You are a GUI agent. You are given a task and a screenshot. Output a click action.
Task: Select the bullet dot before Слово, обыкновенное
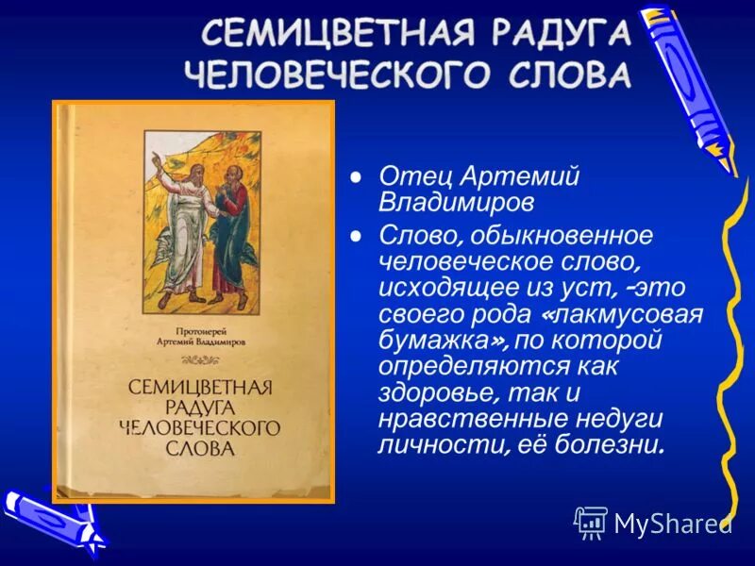click(356, 235)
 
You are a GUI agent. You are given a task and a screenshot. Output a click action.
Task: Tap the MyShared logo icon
click(591, 522)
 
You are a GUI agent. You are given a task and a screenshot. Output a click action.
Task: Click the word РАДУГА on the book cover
click(193, 408)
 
